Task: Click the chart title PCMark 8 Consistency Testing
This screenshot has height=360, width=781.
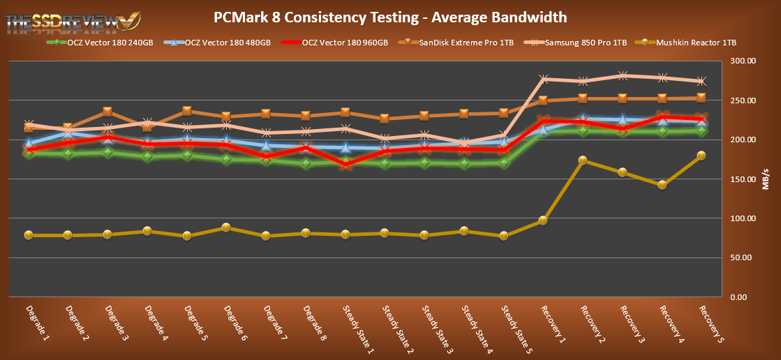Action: [x=390, y=17]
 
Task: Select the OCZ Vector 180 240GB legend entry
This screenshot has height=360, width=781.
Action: [x=95, y=43]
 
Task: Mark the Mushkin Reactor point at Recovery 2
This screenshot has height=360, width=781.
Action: [x=583, y=161]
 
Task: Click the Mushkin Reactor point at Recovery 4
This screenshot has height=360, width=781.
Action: [x=662, y=185]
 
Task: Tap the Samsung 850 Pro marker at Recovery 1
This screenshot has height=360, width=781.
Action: [x=543, y=80]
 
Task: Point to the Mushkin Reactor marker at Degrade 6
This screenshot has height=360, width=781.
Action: [x=227, y=227]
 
